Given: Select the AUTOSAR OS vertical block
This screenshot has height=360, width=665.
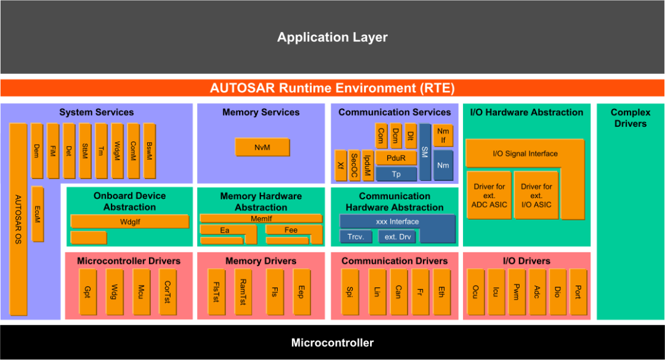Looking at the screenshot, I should (x=18, y=220).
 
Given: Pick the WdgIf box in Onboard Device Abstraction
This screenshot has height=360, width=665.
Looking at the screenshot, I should (x=129, y=221).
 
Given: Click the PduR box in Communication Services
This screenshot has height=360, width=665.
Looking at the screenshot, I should (x=395, y=158).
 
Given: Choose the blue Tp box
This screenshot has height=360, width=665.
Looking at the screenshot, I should (x=396, y=174).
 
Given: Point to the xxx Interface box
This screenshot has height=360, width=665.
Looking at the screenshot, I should (x=397, y=222).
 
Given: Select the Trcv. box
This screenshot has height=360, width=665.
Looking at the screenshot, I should (x=356, y=237).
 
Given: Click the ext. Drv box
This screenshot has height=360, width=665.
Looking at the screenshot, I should (x=397, y=237).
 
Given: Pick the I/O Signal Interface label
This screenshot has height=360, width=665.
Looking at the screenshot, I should (x=525, y=153).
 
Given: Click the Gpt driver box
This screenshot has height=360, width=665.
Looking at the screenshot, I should (x=89, y=291).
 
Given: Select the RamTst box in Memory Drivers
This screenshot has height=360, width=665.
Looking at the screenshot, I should (x=242, y=291).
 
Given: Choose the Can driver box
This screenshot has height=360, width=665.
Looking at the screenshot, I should (x=398, y=291).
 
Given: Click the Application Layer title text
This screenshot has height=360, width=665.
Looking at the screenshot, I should (x=332, y=38).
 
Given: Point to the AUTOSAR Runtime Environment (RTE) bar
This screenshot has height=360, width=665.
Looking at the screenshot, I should (x=332, y=88).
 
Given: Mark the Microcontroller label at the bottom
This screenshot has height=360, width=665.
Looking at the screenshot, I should (x=332, y=343).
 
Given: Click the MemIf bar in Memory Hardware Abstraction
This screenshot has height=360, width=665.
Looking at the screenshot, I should (x=260, y=218).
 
